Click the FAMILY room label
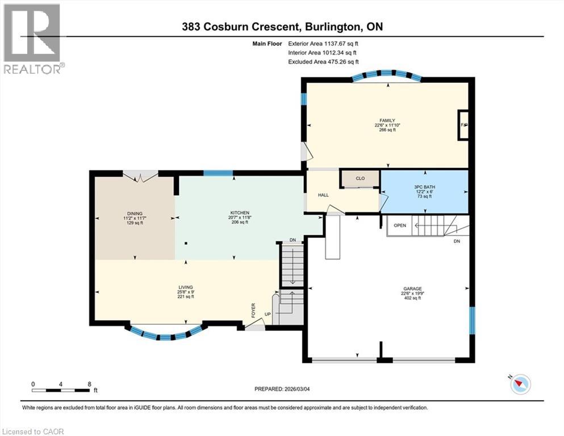click(x=388, y=120)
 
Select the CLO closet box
click(x=360, y=178)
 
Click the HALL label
click(x=323, y=195)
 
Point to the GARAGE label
click(x=412, y=288)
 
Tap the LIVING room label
click(x=186, y=288)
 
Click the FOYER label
click(x=254, y=311)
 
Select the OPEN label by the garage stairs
click(x=400, y=225)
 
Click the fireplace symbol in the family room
click(x=463, y=124)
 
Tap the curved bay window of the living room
click(x=165, y=334)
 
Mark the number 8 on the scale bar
click(x=89, y=384)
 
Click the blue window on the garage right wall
click(x=471, y=320)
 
